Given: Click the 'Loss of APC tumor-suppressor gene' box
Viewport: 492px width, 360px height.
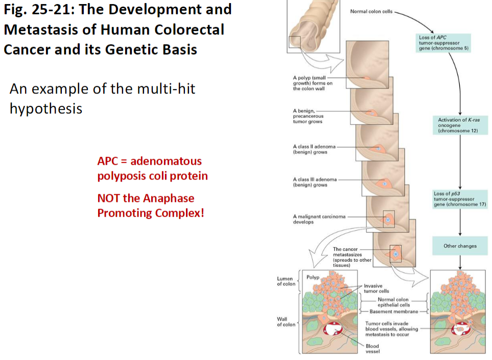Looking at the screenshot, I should tap(443, 43).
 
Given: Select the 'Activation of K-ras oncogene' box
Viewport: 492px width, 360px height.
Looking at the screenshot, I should tap(458, 125).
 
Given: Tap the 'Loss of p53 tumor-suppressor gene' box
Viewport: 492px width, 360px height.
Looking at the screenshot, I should tap(459, 199).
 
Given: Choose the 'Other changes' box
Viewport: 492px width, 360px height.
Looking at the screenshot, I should tap(460, 246).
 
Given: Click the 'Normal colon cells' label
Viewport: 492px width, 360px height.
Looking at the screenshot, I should tap(371, 11).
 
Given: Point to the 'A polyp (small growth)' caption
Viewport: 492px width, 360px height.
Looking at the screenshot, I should tap(312, 83).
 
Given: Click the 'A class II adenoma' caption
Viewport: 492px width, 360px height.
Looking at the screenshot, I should tap(314, 149).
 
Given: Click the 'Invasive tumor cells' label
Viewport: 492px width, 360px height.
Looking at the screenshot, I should tap(376, 288).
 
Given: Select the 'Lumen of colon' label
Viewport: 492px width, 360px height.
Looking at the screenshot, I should tap(286, 281).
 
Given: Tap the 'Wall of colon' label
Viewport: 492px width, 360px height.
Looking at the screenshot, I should tap(286, 322).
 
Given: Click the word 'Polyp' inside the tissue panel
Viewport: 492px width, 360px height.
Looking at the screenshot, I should tap(312, 277).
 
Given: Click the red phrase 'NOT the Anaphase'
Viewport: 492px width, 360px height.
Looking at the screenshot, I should tap(146, 198).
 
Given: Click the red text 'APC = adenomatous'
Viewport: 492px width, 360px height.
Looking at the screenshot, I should tap(149, 161).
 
